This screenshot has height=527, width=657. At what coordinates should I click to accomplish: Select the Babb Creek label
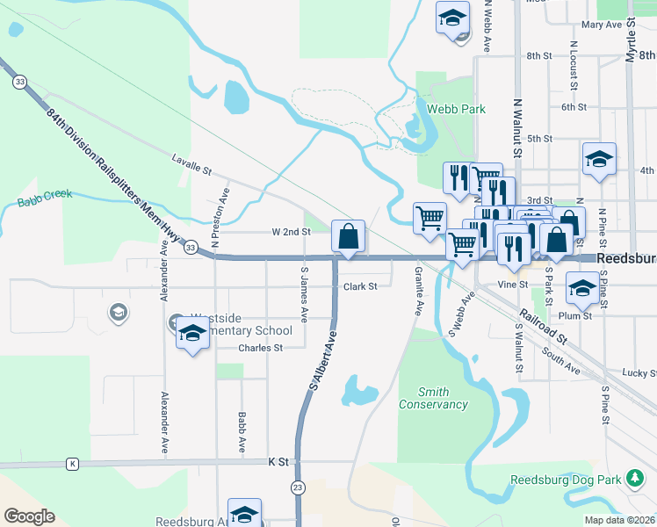44,203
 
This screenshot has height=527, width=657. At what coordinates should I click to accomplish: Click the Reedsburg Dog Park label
566,480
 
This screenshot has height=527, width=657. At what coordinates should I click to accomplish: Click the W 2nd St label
291,232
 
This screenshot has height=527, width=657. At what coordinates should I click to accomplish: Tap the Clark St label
360,286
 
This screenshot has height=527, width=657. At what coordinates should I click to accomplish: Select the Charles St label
261,348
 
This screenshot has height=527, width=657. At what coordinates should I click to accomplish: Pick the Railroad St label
544,324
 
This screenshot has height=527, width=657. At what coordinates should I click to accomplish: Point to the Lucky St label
639,373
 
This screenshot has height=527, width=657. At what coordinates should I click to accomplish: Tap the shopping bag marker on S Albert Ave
349,236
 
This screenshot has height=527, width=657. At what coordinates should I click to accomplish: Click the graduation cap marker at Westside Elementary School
191,334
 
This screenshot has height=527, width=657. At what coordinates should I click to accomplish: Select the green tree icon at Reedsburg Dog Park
635,480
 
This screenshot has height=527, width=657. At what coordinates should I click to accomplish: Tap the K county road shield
72,463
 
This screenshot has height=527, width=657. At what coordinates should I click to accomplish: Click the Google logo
29,516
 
